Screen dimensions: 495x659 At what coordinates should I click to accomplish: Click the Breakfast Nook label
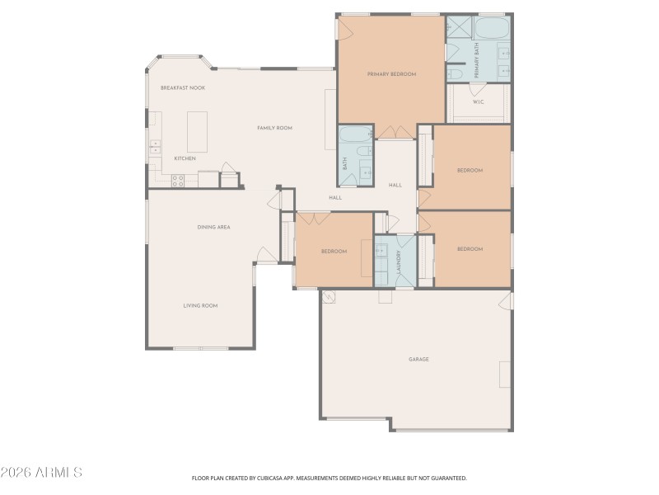182,87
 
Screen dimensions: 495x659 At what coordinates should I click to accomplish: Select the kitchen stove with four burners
177,180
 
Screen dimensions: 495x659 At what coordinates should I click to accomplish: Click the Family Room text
274,128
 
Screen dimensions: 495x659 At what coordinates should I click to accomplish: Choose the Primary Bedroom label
391,74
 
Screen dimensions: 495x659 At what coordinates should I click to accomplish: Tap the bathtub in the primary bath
492,30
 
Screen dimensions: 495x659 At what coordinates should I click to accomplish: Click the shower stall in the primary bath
457,28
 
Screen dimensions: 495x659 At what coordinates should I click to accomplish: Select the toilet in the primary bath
455,73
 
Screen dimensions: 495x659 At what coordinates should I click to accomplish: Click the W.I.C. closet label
478,101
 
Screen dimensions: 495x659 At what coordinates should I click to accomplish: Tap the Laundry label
398,262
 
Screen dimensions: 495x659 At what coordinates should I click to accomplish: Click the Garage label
418,359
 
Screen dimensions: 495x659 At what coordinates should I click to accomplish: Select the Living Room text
200,305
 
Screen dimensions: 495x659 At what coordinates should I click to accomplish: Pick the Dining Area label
213,226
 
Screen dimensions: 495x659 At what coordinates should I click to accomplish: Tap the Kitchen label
185,158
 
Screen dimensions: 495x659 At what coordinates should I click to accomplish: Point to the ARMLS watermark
41,473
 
